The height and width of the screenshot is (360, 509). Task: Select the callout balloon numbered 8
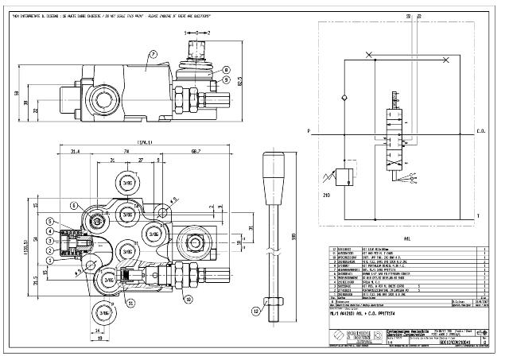[227, 70]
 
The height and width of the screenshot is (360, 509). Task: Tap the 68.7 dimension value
[193, 151]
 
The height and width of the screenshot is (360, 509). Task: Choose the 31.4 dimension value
[74, 151]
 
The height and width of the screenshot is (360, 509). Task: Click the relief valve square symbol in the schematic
[344, 175]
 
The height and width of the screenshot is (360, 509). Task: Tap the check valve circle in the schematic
[344, 95]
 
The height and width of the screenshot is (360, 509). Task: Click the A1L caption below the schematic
[406, 236]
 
